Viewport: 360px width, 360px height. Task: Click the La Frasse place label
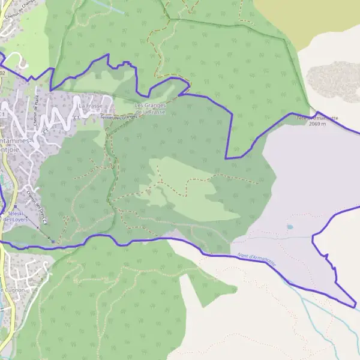click(x=91, y=106)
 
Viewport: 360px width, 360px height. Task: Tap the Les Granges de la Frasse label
click(x=150, y=109)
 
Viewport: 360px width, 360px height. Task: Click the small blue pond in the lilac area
click(x=290, y=227)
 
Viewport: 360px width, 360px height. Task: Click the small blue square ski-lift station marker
click(x=52, y=241)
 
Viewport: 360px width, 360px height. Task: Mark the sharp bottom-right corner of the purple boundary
click(x=355, y=307)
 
